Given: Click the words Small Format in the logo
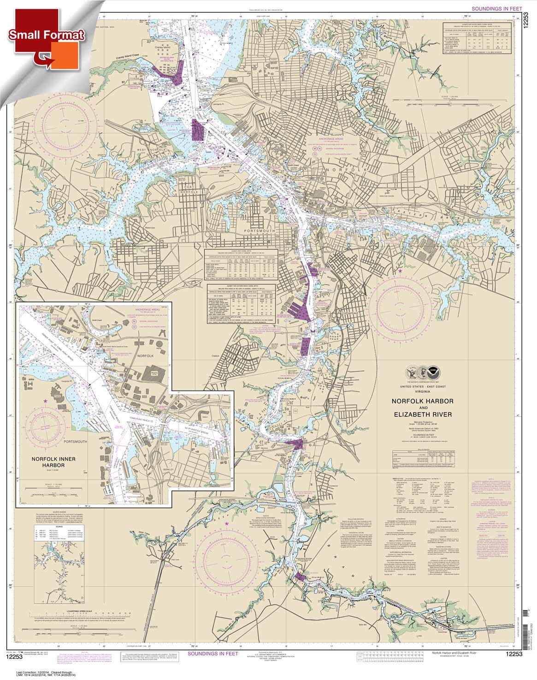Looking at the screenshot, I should click(45, 35).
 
